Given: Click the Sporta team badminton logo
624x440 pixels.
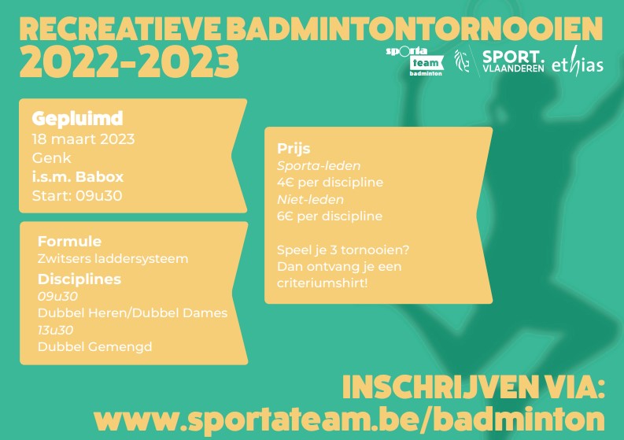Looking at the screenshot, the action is click(x=414, y=61).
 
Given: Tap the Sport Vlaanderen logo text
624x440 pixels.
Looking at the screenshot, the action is click(x=513, y=61).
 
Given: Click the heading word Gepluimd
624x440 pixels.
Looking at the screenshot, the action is click(x=78, y=118).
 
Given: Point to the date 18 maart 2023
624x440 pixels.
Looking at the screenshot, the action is click(x=83, y=139).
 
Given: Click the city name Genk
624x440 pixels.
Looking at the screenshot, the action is click(x=51, y=158).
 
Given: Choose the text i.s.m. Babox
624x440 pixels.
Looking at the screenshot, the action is click(x=78, y=177).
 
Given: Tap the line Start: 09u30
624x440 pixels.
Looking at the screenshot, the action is click(x=77, y=195).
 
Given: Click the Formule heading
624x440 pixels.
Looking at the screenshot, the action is click(x=69, y=242).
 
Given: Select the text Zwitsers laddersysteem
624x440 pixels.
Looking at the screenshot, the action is click(x=113, y=259).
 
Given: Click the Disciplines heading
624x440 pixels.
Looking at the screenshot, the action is click(x=79, y=279).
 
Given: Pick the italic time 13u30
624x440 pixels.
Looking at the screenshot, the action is click(x=55, y=330).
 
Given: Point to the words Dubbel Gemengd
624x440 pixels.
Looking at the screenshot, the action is click(x=94, y=347).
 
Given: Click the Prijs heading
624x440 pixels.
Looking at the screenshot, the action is click(x=294, y=149).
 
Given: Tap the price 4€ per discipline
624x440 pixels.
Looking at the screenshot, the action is click(x=330, y=183).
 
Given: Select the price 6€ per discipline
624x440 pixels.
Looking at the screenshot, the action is click(x=330, y=216).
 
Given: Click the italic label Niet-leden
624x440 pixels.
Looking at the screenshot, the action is click(x=310, y=199).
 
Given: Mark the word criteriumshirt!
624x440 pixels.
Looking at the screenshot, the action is click(x=322, y=283).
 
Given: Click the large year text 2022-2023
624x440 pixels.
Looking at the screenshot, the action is click(x=129, y=61).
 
